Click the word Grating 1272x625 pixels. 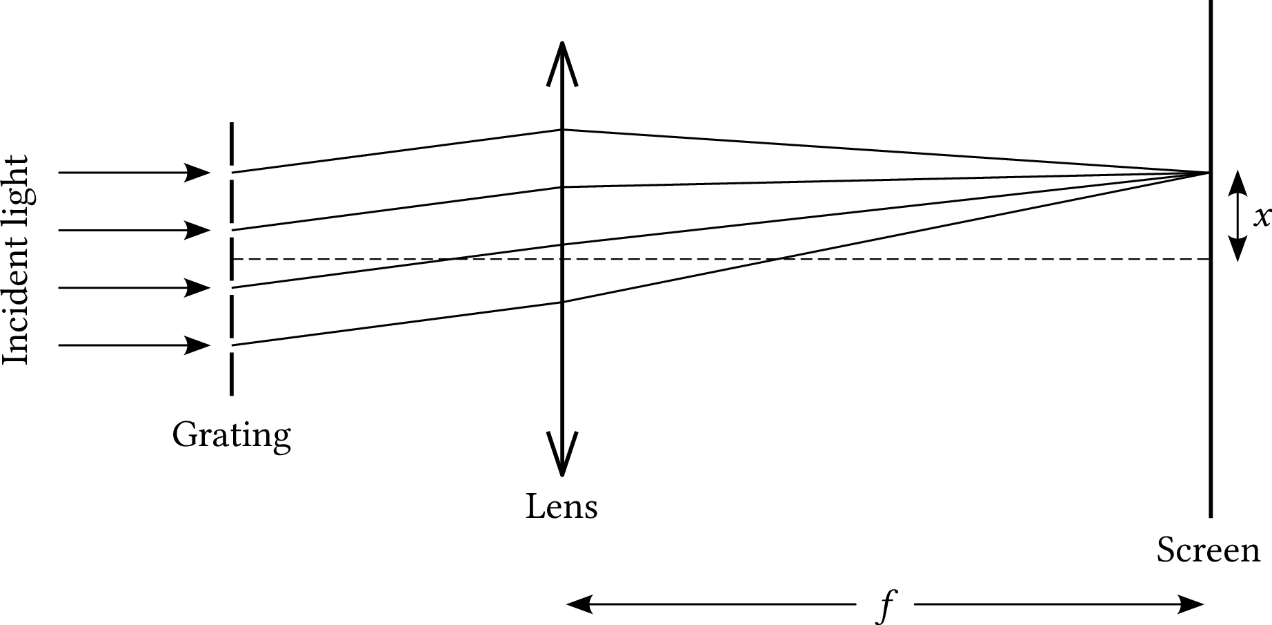coord(231,436)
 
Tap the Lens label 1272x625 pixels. coord(562,506)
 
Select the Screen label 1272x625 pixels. coord(1208,550)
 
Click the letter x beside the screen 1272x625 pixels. coord(1262,217)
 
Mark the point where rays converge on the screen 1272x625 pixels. coord(1209,172)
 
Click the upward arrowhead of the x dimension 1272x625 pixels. coord(1239,183)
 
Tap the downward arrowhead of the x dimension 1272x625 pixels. coord(1239,248)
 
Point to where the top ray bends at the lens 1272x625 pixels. coord(562,129)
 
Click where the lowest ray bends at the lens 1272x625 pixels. coord(562,302)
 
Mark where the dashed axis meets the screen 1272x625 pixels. coord(1210,259)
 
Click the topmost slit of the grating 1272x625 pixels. coord(231,172)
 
